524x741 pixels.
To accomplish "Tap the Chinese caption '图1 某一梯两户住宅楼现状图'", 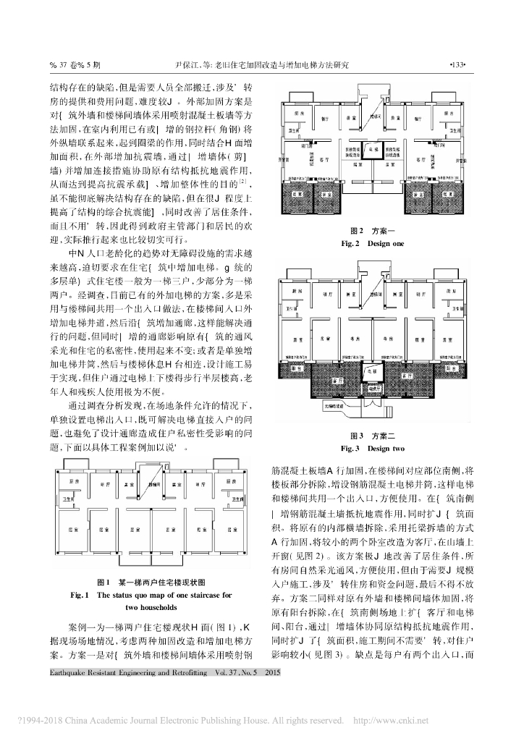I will [151, 581].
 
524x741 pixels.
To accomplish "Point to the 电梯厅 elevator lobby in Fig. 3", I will [372, 389].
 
